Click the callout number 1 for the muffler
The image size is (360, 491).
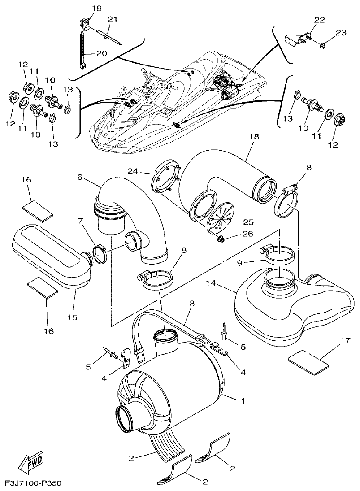(x=243, y=400)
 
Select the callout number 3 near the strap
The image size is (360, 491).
(x=191, y=304)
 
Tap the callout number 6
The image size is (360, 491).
(x=80, y=177)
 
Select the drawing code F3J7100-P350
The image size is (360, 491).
(x=33, y=484)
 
